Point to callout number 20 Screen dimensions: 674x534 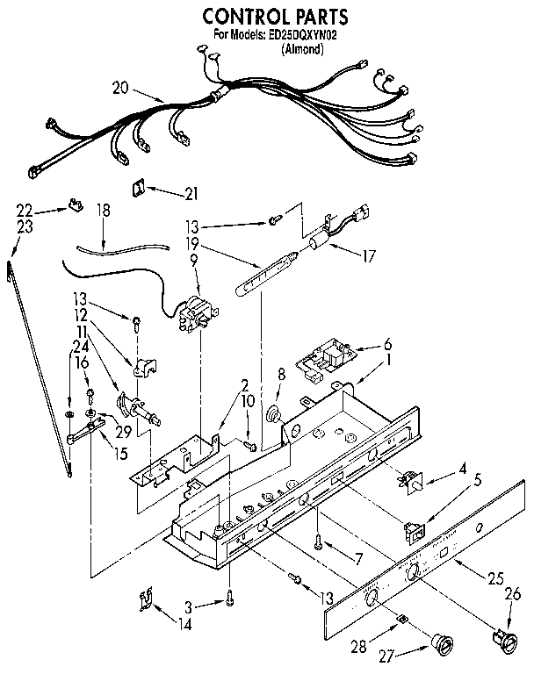point(122,87)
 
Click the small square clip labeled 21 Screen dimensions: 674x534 point(139,186)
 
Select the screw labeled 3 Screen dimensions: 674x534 point(230,599)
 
